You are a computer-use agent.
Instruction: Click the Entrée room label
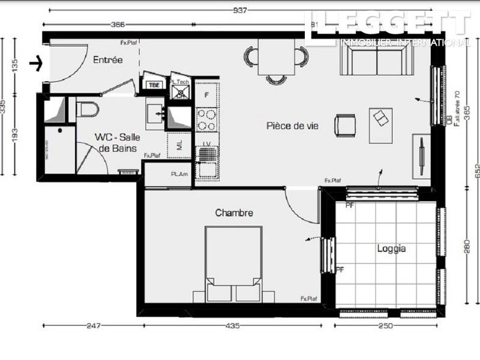[108, 60]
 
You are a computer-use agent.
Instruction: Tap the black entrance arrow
[37, 63]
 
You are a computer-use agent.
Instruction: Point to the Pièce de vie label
[292, 126]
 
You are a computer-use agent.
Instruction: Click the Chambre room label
[234, 212]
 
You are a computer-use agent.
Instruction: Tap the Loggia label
[392, 248]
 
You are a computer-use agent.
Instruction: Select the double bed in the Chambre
[233, 263]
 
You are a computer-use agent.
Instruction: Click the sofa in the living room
[377, 59]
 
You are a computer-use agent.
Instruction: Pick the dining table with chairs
[277, 58]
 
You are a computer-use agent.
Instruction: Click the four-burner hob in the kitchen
[207, 118]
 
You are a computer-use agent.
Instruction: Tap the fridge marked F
[207, 95]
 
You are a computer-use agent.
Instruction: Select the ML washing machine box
[179, 145]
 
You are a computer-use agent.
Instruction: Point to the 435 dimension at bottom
[232, 326]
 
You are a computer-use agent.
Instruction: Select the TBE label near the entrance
[154, 85]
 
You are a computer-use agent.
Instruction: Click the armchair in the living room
[346, 125]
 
